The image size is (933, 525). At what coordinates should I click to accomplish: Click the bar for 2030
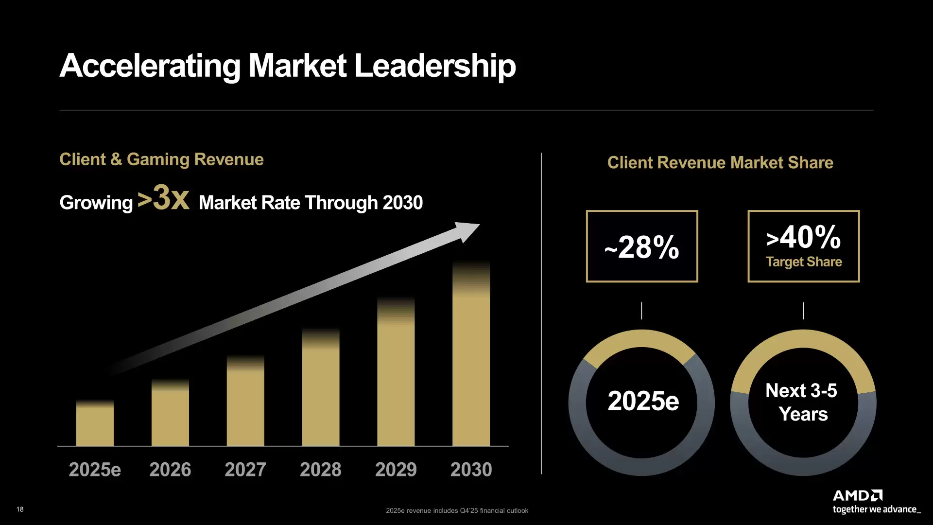(471, 360)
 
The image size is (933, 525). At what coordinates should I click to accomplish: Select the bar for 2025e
(95, 425)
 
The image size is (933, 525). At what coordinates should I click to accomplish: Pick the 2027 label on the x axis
(245, 470)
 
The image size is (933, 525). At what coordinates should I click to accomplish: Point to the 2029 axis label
(396, 470)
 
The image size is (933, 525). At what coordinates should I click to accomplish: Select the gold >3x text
(164, 198)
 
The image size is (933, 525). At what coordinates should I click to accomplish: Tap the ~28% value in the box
(642, 247)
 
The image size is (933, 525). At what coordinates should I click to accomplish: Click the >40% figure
(803, 237)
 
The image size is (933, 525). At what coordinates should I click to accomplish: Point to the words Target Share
(804, 262)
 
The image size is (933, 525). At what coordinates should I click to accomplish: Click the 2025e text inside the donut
(643, 401)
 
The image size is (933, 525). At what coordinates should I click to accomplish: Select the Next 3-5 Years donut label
(802, 402)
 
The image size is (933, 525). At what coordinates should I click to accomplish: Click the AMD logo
(857, 495)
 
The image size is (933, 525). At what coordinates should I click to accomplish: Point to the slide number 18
(20, 509)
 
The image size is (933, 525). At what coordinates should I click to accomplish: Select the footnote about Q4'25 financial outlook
(457, 510)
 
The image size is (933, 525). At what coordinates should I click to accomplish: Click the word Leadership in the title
(435, 66)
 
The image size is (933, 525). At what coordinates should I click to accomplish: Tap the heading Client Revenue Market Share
(720, 163)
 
